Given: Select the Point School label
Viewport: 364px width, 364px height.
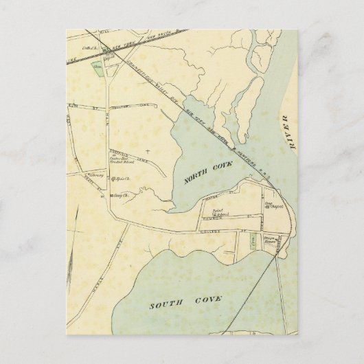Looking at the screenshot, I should click(x=221, y=214).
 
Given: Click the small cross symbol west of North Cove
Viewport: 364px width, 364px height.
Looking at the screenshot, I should click(x=148, y=150).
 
